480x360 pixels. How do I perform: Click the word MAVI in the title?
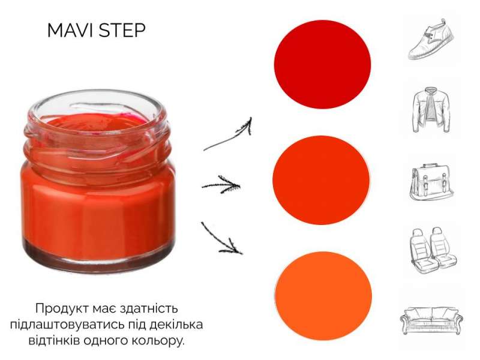coord(70,31)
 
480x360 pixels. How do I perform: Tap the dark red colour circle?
coord(322,65)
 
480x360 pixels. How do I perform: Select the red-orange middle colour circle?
coord(321,180)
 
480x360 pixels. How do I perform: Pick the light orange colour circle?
coord(323,296)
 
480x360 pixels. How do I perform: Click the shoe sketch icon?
coord(431,39)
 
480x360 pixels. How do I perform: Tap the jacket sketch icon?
coord(431,110)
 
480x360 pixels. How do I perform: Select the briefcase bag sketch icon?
coord(431,182)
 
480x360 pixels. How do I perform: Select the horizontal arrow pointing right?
coord(221,185)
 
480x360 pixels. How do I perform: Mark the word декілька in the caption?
coord(176,325)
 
